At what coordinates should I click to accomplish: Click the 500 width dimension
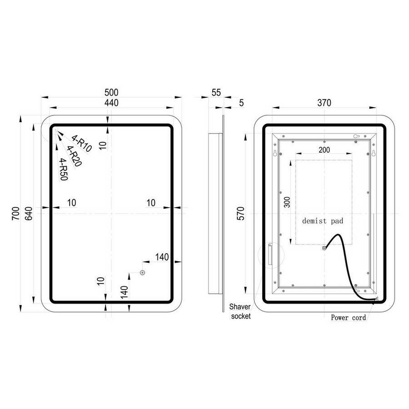click(111, 92)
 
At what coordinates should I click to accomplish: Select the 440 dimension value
click(111, 103)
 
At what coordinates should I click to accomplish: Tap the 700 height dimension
click(15, 214)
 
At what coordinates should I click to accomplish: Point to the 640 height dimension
click(29, 214)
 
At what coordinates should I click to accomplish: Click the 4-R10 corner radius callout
click(82, 144)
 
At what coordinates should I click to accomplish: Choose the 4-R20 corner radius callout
click(75, 156)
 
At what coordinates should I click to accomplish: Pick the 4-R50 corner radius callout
click(64, 170)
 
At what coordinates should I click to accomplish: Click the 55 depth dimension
click(216, 92)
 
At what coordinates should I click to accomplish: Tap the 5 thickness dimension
click(241, 103)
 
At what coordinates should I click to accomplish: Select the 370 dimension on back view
click(324, 103)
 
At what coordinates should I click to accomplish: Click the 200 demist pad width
click(324, 150)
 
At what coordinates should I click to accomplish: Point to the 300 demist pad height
click(287, 202)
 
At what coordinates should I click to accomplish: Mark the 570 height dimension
click(241, 214)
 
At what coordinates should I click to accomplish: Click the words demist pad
click(323, 221)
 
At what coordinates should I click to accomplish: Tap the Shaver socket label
click(240, 311)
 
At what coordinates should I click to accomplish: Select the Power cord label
click(348, 318)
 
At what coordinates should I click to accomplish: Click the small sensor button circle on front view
click(142, 273)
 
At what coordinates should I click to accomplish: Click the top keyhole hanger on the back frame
click(357, 136)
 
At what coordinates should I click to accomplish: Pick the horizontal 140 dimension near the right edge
click(162, 257)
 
